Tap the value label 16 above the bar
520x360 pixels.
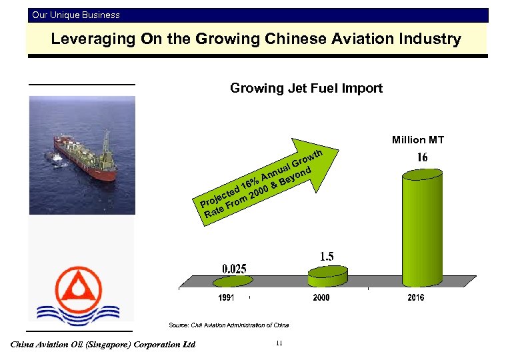coord(423,157)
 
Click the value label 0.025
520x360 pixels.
coord(234,269)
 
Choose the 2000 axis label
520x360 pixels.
coord(321,298)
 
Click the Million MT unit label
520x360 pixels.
coord(418,139)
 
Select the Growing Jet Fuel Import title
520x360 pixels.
coord(306,88)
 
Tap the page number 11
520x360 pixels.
coord(279,343)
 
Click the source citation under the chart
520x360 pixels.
coord(229,325)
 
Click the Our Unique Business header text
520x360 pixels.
coord(76,15)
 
